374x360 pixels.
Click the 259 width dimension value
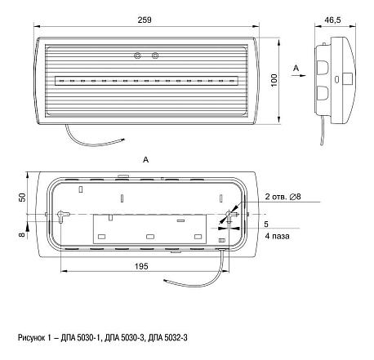(x=145, y=20)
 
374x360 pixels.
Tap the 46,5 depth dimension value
(x=332, y=20)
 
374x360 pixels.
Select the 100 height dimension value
(x=274, y=80)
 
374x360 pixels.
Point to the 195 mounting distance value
(x=141, y=266)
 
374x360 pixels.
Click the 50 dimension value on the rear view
(x=23, y=198)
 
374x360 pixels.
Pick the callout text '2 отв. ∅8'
(x=283, y=197)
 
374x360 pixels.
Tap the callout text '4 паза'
(x=277, y=236)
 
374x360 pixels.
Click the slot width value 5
(x=266, y=224)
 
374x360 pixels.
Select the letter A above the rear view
(x=146, y=160)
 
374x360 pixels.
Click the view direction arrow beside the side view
(x=298, y=76)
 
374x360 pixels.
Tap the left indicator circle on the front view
(x=138, y=56)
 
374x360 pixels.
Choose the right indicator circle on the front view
(x=155, y=56)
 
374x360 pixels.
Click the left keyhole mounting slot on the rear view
(x=62, y=215)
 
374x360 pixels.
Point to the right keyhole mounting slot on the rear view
(x=231, y=215)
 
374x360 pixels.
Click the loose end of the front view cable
(x=124, y=140)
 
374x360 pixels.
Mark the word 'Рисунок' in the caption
(x=33, y=338)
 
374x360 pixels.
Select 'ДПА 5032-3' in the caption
(x=167, y=338)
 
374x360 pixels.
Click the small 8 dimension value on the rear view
(x=23, y=234)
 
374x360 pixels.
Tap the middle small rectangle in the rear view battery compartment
(x=150, y=237)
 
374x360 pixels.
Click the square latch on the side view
(x=347, y=78)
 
